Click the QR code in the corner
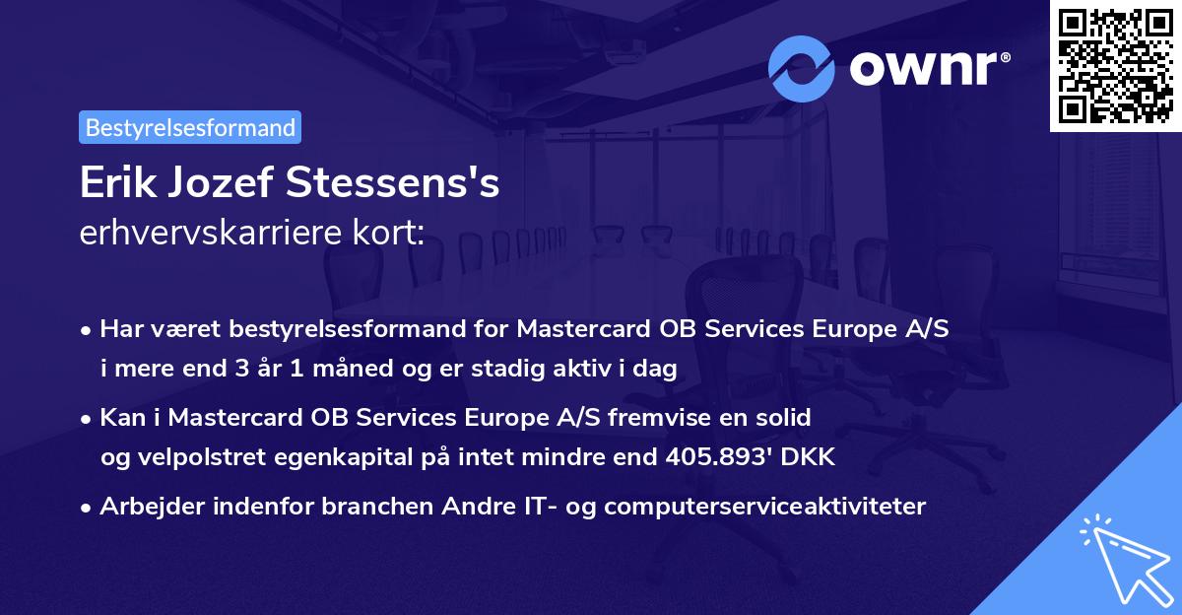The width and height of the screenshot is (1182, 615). (1115, 66)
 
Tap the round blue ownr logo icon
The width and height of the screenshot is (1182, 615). (801, 68)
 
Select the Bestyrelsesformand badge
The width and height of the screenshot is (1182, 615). (190, 127)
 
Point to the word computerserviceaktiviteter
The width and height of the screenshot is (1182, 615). (764, 507)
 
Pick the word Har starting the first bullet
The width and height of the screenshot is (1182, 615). (119, 328)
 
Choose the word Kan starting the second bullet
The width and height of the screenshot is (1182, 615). (120, 417)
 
